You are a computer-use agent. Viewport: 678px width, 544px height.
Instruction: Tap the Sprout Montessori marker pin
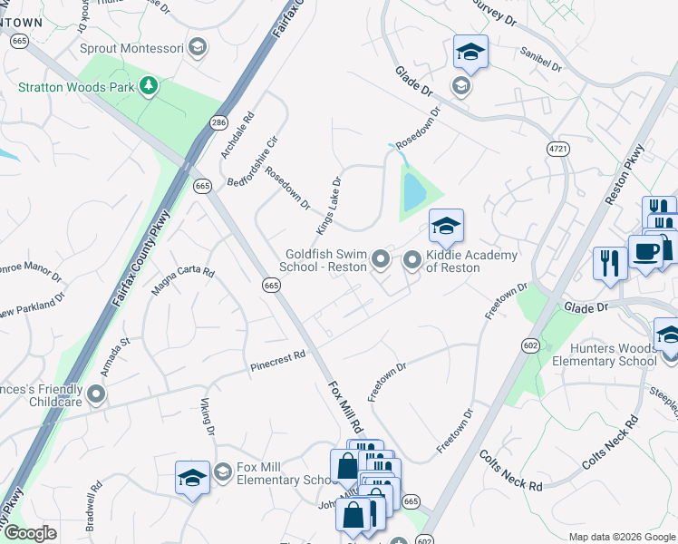[197, 48]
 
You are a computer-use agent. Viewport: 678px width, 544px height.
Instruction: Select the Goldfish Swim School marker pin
[382, 261]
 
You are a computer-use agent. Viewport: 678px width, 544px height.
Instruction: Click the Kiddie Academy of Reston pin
[413, 261]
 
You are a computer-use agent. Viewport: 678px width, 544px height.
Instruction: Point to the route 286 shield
[218, 121]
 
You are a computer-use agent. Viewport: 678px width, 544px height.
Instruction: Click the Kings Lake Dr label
[328, 203]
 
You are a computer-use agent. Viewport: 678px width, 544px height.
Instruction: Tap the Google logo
[30, 533]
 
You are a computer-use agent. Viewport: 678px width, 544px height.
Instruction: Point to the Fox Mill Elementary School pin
[223, 472]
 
